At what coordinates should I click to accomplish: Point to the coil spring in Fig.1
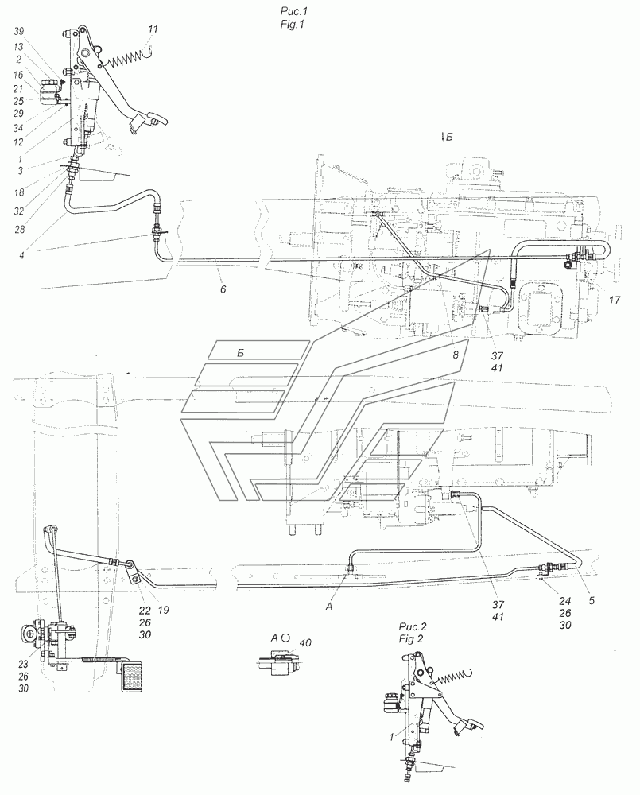126,60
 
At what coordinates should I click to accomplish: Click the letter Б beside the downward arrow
449,138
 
